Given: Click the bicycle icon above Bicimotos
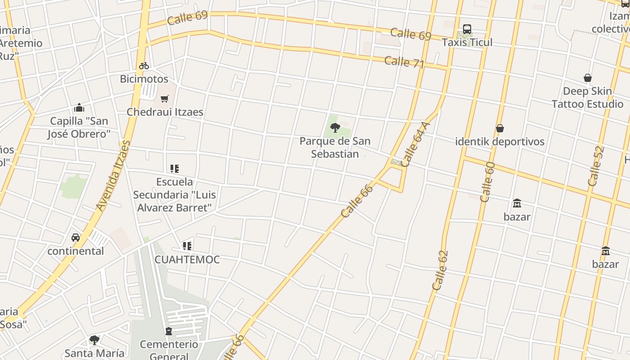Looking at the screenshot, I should (x=144, y=66).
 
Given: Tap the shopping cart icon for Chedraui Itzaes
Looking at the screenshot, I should (x=165, y=98).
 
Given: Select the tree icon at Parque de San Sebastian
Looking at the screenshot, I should (x=335, y=127).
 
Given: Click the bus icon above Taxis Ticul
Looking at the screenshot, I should (x=467, y=30).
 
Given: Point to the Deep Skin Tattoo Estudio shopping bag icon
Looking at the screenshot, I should (x=587, y=78).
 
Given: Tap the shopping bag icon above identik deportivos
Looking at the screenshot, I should (x=499, y=129).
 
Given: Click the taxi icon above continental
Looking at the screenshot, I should (x=76, y=237).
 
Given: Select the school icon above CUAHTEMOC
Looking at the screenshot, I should (x=187, y=246).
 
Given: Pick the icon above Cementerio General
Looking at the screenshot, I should (x=169, y=332).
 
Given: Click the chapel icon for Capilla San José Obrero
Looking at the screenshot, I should (x=79, y=108).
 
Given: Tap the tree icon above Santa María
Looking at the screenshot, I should (x=94, y=340).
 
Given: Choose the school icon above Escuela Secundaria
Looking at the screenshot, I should (x=175, y=169).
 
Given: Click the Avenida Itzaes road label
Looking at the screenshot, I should (x=113, y=175).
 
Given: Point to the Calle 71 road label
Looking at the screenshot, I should (x=404, y=62).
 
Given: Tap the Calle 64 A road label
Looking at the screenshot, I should (x=413, y=144).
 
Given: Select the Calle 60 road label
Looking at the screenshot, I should (x=487, y=182).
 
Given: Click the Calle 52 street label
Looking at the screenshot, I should (x=595, y=166).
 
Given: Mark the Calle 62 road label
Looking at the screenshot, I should (x=440, y=270).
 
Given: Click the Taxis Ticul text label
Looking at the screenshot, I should (x=467, y=42).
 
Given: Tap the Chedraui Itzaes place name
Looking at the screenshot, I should (x=165, y=112).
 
